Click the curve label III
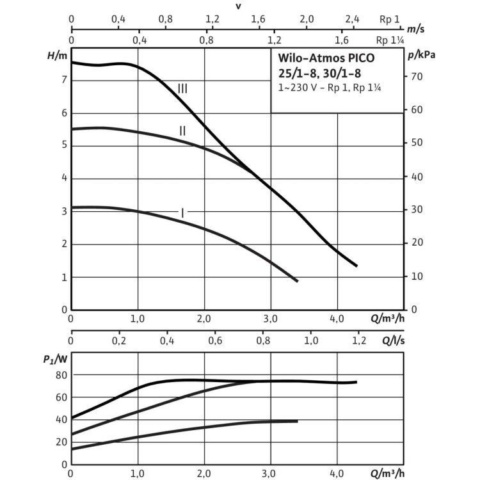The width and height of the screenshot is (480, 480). tap(182, 88)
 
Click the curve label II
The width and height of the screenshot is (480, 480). tap(182, 131)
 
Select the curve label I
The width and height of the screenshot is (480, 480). tap(182, 212)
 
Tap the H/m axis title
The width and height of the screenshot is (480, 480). tap(57, 56)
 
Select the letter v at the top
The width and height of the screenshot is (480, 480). tap(237, 6)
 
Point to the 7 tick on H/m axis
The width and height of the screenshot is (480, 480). tap(62, 79)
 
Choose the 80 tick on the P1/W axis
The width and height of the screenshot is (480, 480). tap(61, 375)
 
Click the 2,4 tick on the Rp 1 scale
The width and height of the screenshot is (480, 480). tap(353, 19)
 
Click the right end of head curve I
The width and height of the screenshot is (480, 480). tap(297, 280)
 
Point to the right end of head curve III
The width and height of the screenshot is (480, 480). tap(356, 265)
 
